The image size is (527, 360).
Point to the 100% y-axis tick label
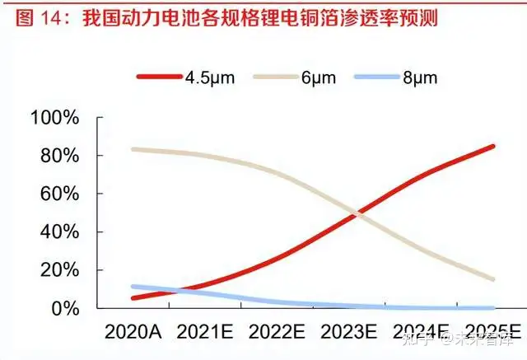[x=54, y=118]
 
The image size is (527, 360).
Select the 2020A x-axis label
[x=133, y=332]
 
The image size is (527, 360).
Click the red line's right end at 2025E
[x=493, y=147]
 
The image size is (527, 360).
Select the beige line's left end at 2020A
[x=133, y=149]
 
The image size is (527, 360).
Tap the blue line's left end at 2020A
[x=133, y=287]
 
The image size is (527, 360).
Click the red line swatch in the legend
[x=160, y=77]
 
